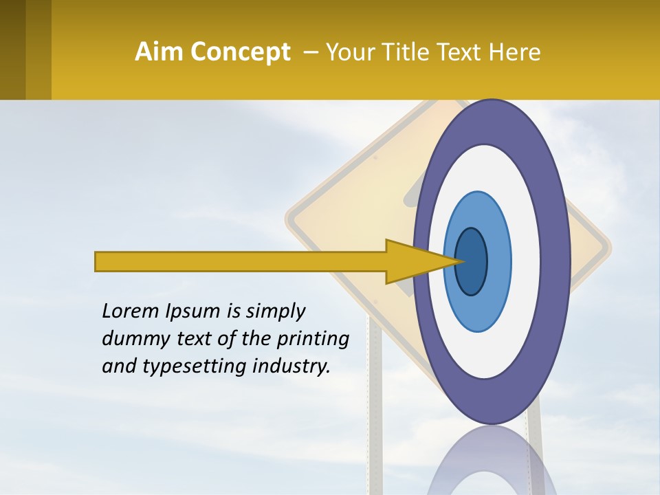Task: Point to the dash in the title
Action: (x=310, y=52)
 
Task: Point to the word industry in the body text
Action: (x=291, y=366)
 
